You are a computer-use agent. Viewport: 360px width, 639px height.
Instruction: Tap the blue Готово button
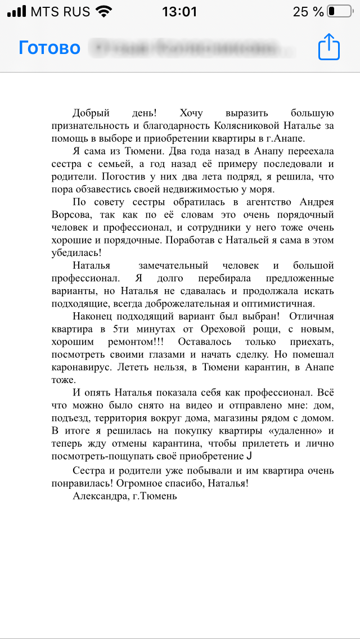(49, 48)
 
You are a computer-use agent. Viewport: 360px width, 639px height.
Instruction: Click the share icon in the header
(329, 47)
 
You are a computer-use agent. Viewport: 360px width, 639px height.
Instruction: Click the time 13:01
(179, 11)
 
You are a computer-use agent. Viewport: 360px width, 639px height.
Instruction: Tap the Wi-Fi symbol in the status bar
(103, 11)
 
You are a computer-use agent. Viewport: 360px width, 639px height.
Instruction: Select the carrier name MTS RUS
(60, 11)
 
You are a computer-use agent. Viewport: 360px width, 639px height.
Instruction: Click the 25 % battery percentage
(308, 11)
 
